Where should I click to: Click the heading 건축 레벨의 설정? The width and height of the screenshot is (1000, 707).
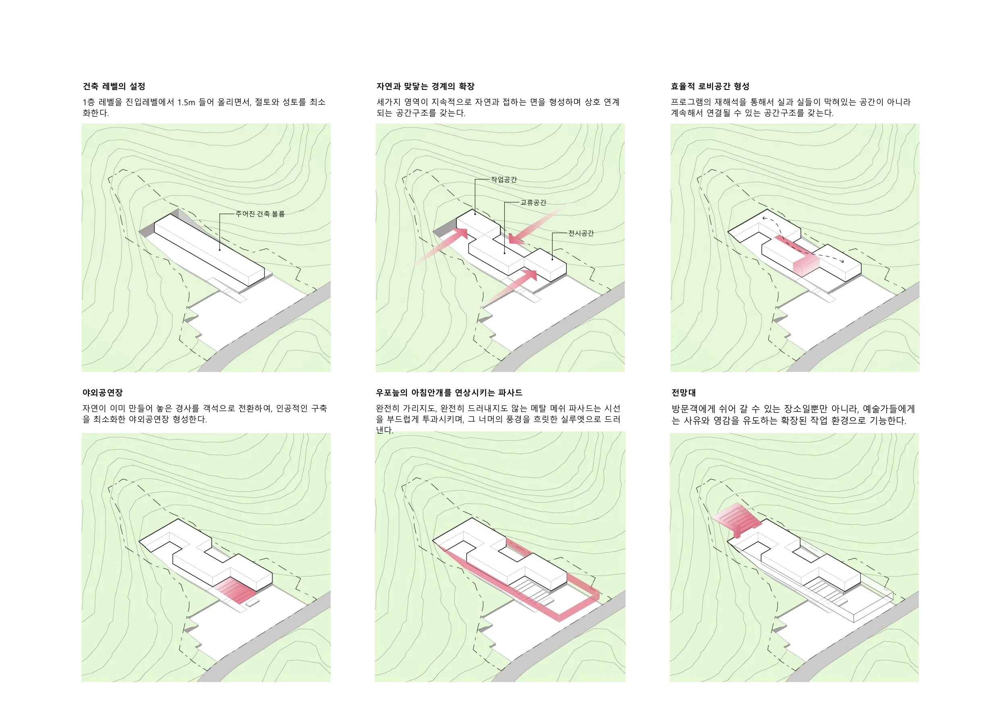[x=114, y=86]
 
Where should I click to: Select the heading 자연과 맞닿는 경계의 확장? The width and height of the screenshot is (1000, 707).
[x=426, y=86]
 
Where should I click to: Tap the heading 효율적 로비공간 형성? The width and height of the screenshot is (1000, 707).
[x=710, y=86]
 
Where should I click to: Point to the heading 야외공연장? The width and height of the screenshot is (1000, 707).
[x=103, y=393]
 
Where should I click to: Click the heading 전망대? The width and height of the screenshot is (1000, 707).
[x=683, y=393]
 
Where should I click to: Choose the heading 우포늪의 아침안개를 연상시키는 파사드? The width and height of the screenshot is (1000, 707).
[x=449, y=393]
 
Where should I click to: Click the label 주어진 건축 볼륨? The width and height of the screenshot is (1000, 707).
[x=260, y=214]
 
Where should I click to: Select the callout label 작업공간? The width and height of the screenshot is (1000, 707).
[x=504, y=179]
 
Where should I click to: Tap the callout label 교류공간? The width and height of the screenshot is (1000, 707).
[x=533, y=203]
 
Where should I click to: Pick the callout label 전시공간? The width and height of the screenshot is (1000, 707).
[x=581, y=233]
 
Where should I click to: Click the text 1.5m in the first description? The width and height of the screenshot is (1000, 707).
[x=186, y=102]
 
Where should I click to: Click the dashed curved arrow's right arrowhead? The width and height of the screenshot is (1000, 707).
[x=842, y=261]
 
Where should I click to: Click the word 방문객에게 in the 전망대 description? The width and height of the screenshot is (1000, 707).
[x=693, y=409]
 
